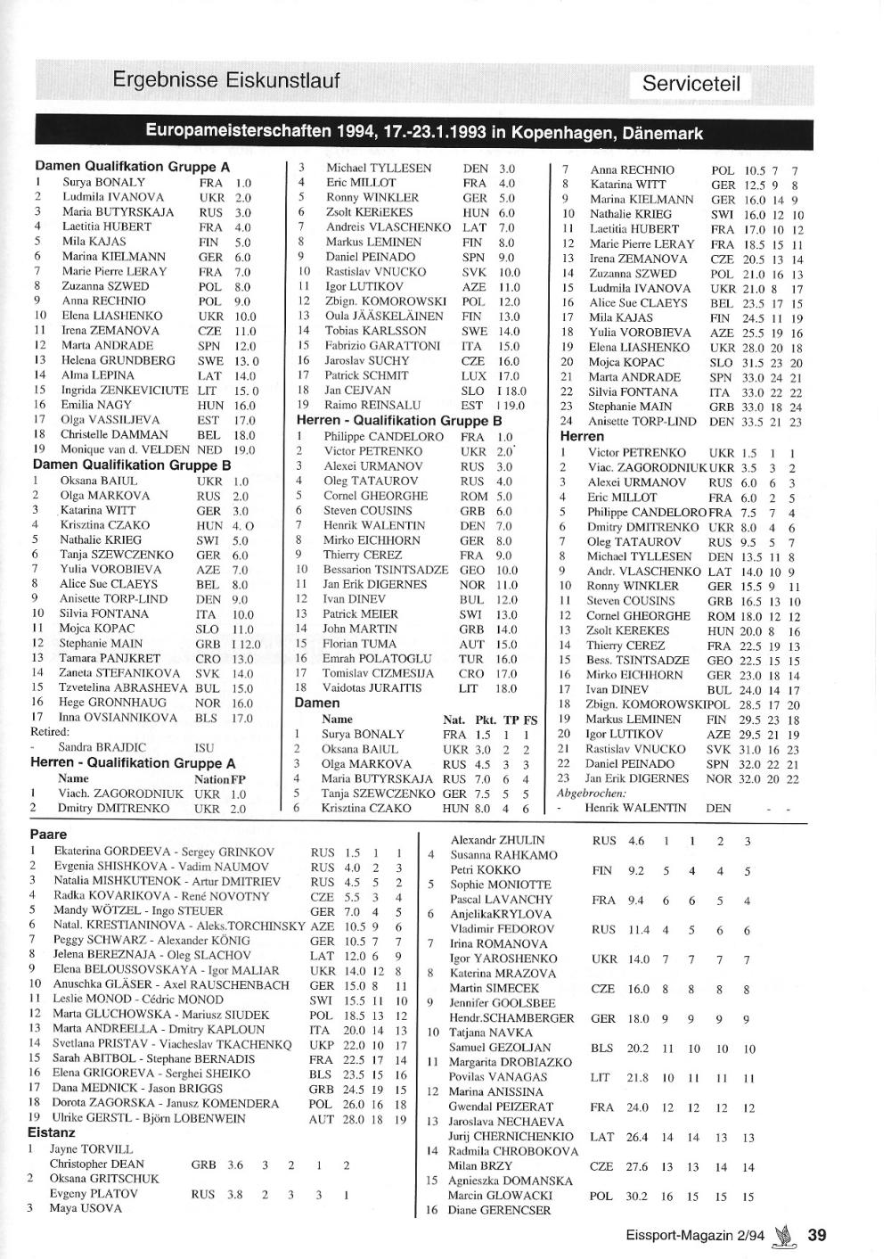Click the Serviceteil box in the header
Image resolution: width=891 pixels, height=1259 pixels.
coord(691,85)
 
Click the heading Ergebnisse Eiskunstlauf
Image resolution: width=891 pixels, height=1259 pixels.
coord(226,80)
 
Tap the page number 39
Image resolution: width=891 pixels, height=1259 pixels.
coord(817,1235)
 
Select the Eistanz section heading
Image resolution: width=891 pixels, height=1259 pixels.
coord(52,1133)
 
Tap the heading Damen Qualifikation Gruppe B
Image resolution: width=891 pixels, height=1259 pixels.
coord(132,465)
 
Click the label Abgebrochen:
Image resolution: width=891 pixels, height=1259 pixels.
coord(591,793)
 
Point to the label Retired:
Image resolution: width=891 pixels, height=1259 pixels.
coord(50,732)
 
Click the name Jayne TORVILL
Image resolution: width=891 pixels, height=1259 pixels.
coord(91,1149)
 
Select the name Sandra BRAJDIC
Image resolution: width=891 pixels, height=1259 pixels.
coord(102,747)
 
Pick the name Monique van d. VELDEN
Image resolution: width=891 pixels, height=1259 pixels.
coord(125,450)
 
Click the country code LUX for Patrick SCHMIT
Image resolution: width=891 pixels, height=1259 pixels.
coord(474,375)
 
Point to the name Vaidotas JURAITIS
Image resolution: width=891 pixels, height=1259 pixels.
coord(373,688)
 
